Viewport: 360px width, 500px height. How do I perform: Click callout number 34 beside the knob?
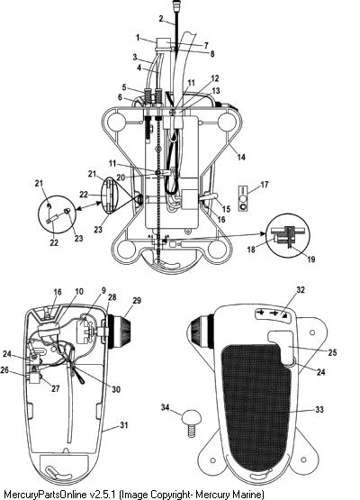[x=165, y=407]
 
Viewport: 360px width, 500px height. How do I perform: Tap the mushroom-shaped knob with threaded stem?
[x=192, y=423]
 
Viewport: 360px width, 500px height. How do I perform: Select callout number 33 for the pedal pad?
[x=319, y=409]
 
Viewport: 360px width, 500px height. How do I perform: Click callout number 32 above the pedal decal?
[x=301, y=289]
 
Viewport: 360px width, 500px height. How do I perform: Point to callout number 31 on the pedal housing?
[x=123, y=424]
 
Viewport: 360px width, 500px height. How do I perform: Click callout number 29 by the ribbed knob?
[x=137, y=300]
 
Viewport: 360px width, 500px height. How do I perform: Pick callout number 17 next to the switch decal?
[x=264, y=185]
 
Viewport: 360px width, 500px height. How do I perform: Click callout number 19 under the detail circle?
[x=310, y=259]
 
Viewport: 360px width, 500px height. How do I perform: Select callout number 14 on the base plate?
[x=241, y=157]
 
